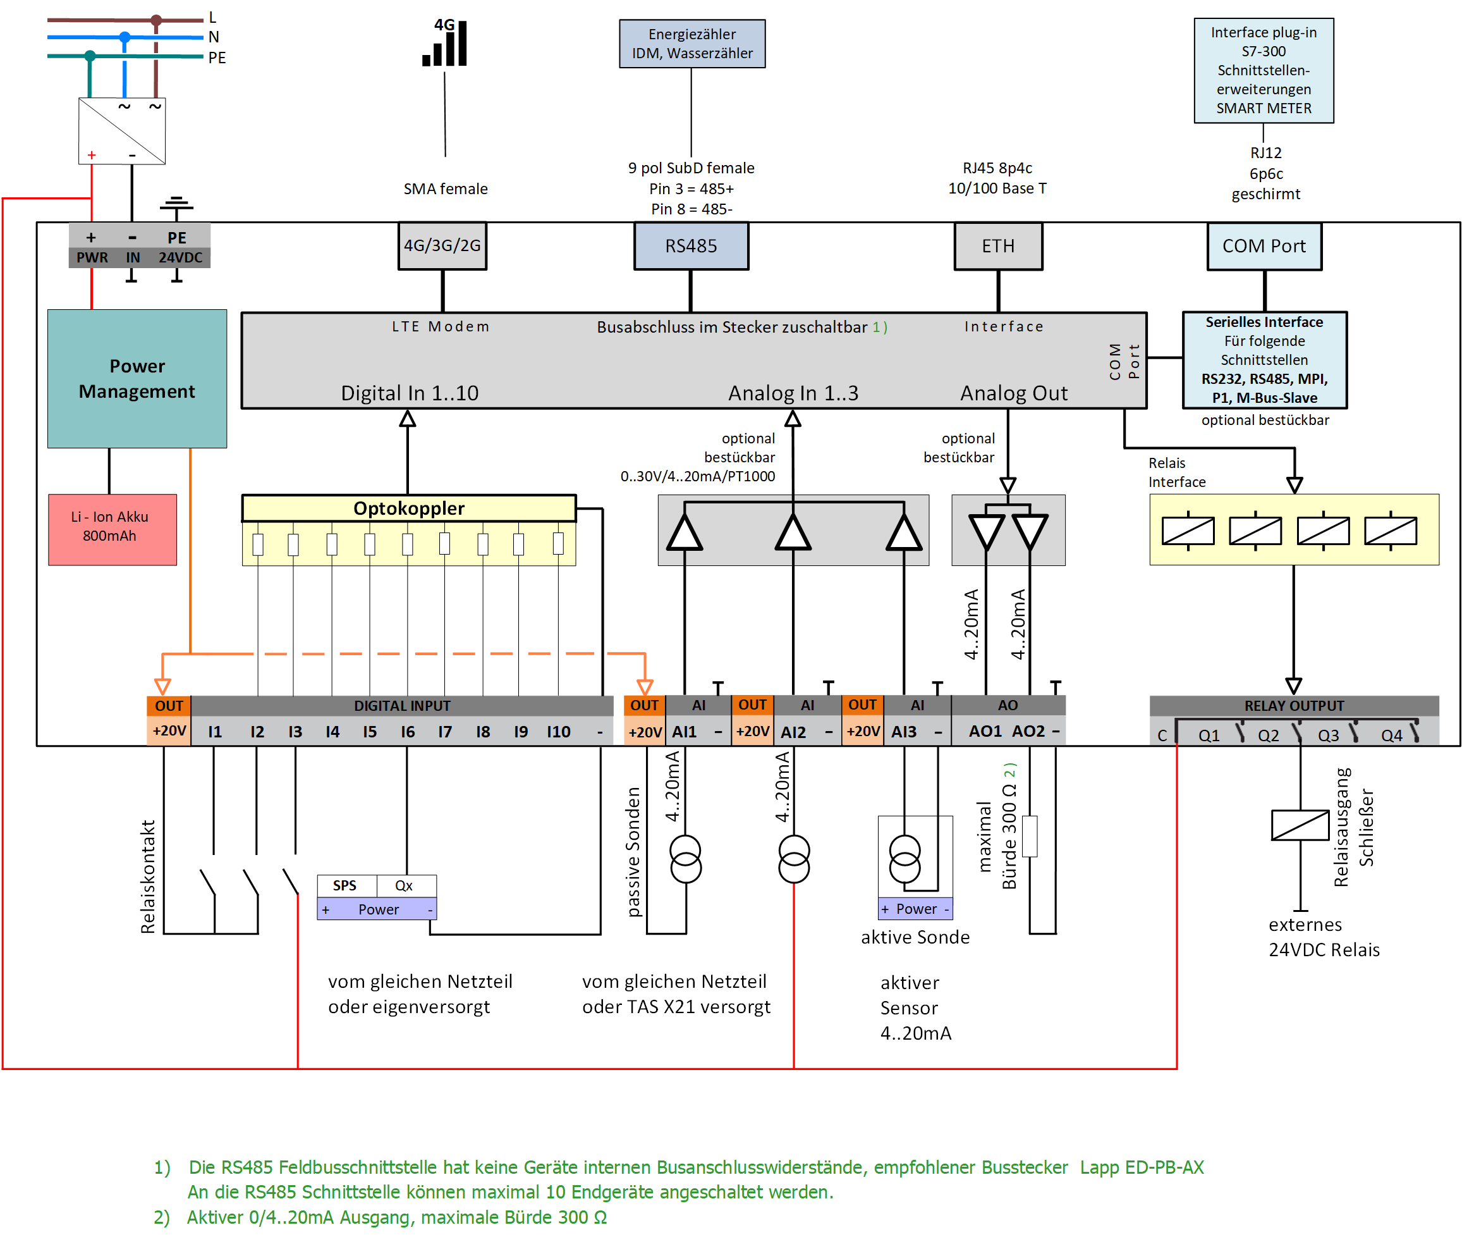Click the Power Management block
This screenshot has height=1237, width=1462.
pos(137,378)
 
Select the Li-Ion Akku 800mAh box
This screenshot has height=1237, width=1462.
pos(112,529)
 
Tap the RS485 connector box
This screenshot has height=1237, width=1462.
pos(690,245)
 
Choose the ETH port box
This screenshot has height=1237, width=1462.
pos(997,245)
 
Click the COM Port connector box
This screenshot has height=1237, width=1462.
pos(1264,245)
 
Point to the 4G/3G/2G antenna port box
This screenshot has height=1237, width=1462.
pos(442,245)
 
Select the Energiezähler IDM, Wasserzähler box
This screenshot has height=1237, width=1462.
pos(691,44)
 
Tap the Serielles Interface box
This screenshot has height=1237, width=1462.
pos(1264,359)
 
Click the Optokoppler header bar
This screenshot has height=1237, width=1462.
pos(408,508)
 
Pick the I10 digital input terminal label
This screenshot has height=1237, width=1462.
pos(558,732)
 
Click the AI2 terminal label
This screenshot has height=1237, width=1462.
pos(793,732)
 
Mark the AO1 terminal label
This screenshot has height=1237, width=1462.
pos(985,730)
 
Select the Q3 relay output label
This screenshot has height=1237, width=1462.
pos(1327,735)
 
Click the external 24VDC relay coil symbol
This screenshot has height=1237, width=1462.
pos(1300,825)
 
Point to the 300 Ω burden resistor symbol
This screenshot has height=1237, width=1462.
pos(1029,835)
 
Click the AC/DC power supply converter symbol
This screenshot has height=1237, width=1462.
pos(121,130)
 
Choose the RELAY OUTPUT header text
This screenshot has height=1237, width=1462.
pos(1293,705)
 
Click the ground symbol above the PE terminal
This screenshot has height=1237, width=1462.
pos(176,204)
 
